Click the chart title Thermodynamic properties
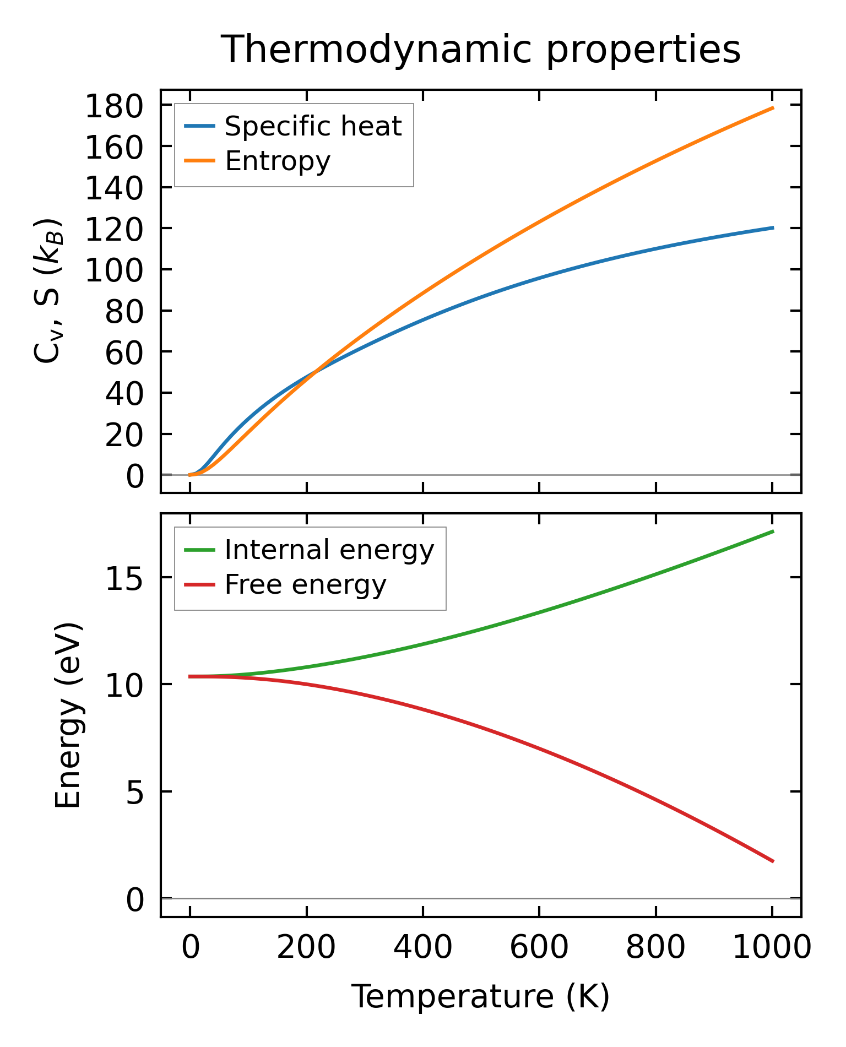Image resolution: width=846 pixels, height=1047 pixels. pyautogui.click(x=480, y=50)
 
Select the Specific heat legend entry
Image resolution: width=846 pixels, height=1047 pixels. pyautogui.click(x=313, y=126)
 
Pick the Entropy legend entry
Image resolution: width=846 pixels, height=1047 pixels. pyautogui.click(x=277, y=161)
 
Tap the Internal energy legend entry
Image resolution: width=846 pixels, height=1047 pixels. pyautogui.click(x=329, y=550)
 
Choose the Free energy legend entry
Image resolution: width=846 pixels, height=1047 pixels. pyautogui.click(x=305, y=584)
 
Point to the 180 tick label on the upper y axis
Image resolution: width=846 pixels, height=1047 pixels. pyautogui.click(x=114, y=106)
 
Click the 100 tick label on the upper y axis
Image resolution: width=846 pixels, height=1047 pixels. pyautogui.click(x=114, y=270)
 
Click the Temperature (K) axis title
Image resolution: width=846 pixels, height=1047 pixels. pyautogui.click(x=480, y=997)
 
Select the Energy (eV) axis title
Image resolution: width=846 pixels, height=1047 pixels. pyautogui.click(x=68, y=715)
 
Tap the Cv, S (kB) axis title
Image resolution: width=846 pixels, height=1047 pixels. pyautogui.click(x=48, y=291)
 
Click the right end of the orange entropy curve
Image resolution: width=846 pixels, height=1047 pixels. pyautogui.click(x=773, y=108)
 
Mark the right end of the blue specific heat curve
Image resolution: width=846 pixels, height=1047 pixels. pyautogui.click(x=773, y=227)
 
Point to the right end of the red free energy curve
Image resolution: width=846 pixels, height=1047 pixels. pyautogui.click(x=773, y=861)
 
